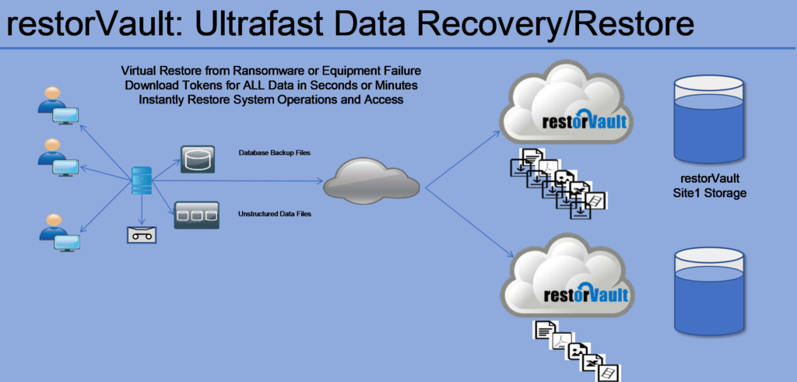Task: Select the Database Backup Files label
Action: coord(275,152)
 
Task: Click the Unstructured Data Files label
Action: coord(275,214)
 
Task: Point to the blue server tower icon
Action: coord(142,180)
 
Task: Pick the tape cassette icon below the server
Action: coord(142,235)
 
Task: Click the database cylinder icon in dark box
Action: coord(198,159)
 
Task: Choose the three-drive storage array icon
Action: coord(197,215)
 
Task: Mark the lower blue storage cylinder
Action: coord(710,292)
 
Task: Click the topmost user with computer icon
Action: coord(58,106)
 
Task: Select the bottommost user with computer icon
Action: coord(60,232)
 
